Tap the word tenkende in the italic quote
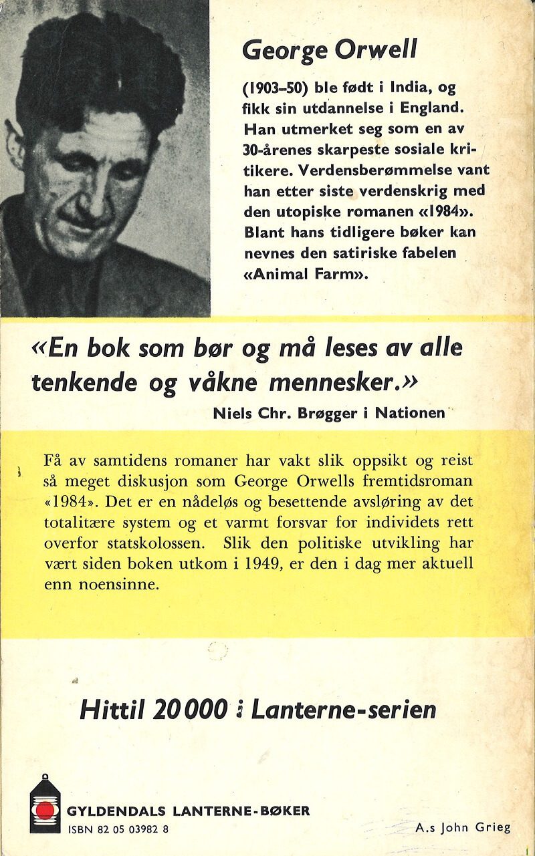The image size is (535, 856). click(x=84, y=382)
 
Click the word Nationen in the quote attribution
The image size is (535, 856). click(x=411, y=413)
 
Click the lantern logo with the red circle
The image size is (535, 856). click(x=45, y=803)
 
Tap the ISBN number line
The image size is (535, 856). click(x=118, y=829)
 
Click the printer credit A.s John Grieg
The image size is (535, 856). click(x=462, y=827)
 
